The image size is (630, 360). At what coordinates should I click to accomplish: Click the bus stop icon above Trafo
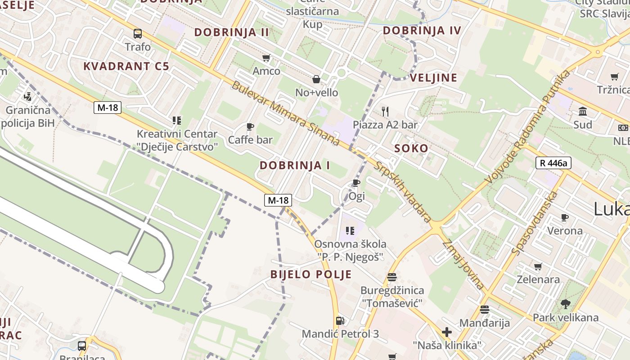pos(138,33)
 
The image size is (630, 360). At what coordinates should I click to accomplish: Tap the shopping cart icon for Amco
pos(266,58)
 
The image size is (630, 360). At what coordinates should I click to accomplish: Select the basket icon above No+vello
pos(316,79)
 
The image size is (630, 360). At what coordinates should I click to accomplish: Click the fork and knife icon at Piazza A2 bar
pos(385,111)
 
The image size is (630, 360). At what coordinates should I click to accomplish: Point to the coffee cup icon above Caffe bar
pos(250,126)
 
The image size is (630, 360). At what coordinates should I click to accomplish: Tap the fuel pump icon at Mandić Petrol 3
pos(341,321)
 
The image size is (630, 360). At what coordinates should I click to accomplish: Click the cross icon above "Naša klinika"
pos(446,332)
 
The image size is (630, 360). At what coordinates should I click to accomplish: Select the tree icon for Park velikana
pos(565,304)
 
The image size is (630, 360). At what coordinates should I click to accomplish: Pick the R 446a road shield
pos(553,163)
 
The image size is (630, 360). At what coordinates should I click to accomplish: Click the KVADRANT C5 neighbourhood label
pos(126,66)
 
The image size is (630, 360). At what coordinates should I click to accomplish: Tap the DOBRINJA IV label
pos(422,31)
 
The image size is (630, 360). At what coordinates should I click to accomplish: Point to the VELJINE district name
pos(433,77)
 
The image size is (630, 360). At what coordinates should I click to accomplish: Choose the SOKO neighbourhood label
pos(411,148)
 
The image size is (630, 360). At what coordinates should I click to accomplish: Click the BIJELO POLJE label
pos(311,274)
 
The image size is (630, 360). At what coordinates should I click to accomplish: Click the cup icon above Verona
pos(565,218)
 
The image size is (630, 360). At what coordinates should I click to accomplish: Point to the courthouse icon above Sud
pos(583,111)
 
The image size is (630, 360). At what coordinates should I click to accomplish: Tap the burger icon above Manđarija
pos(485,310)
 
